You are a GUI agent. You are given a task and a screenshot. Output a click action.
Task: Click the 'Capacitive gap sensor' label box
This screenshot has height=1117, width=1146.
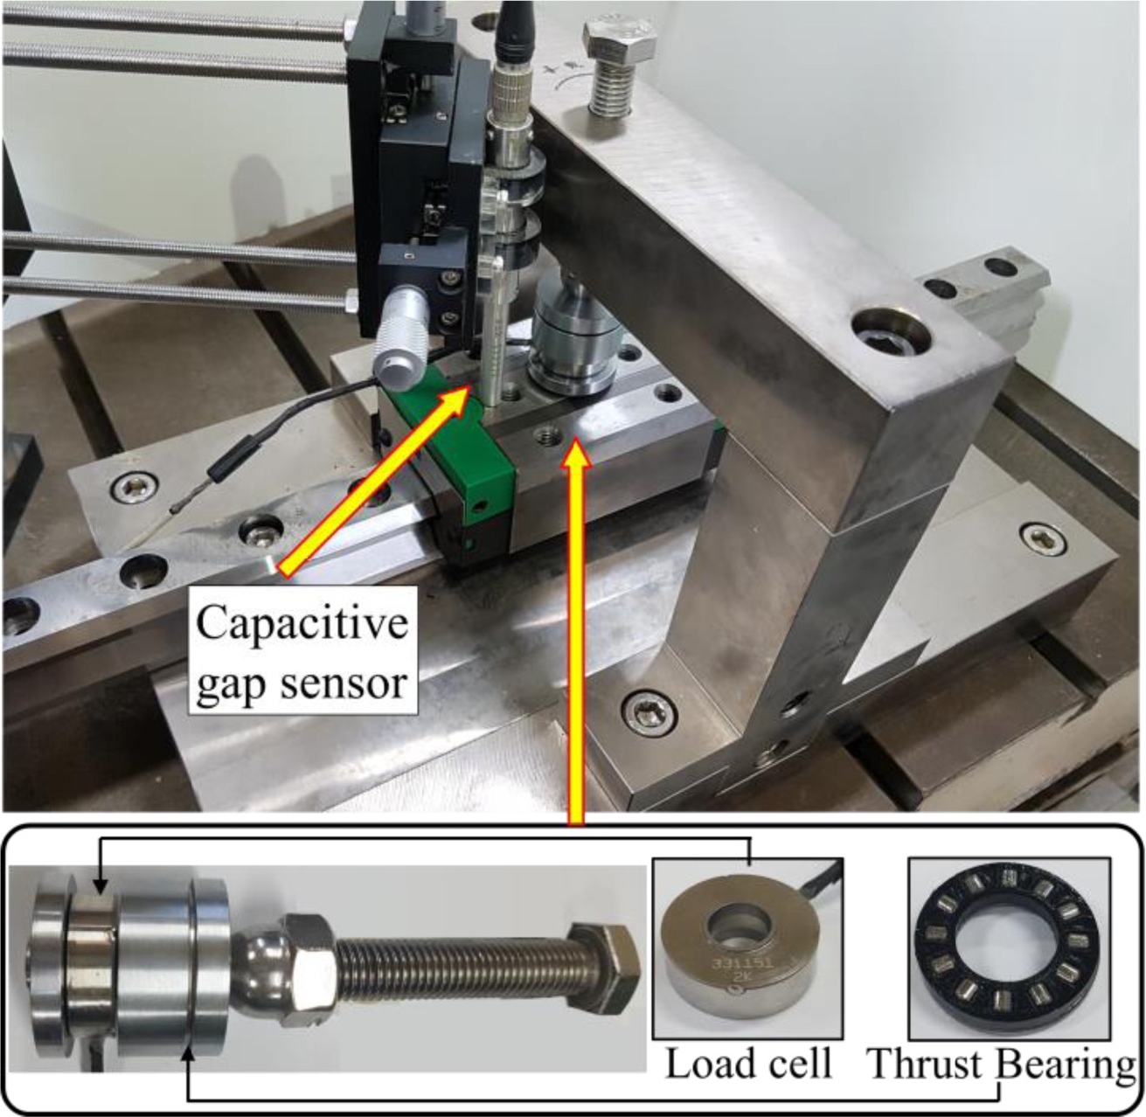click(302, 650)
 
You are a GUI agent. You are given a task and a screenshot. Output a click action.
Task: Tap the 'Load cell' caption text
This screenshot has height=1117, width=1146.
click(748, 1065)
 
